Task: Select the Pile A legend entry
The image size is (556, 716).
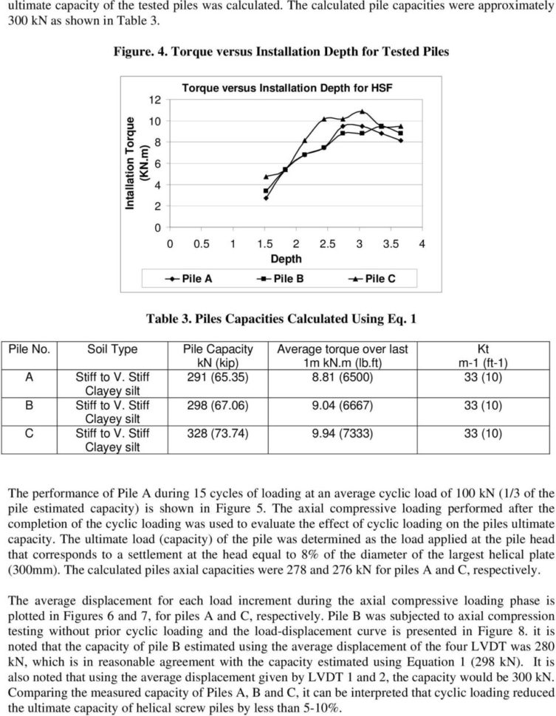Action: (x=189, y=278)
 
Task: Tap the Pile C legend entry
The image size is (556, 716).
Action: (x=373, y=278)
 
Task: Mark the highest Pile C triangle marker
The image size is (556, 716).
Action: (x=363, y=111)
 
